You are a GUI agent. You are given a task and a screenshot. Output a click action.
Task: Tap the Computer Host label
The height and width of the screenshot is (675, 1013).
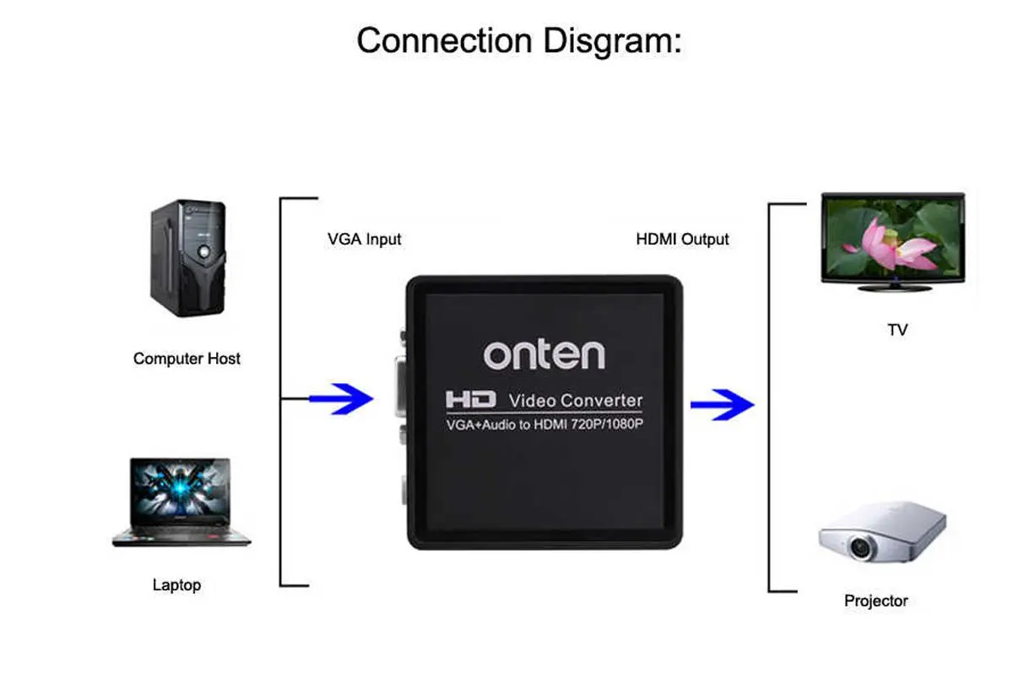[187, 359]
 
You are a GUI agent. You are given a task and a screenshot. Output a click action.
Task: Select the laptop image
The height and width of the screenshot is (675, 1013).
[181, 502]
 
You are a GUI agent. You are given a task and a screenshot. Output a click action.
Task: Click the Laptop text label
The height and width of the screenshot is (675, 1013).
[176, 585]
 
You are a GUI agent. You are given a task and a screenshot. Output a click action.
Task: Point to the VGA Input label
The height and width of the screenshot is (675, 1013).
[364, 240]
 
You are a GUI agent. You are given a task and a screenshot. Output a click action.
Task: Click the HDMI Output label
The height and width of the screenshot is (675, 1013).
[682, 240]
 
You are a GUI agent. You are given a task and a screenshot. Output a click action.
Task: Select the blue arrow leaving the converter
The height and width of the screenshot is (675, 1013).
[722, 405]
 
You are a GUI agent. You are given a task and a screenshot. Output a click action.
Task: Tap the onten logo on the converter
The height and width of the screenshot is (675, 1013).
[544, 353]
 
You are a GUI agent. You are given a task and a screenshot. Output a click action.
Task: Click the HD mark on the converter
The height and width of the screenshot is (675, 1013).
[470, 399]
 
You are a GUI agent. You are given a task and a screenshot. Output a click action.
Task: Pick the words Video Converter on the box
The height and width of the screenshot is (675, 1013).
[576, 400]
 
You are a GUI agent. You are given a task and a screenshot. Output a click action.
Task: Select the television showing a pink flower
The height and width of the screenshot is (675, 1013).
[892, 241]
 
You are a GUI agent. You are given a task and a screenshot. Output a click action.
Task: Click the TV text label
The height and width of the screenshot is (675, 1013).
[897, 330]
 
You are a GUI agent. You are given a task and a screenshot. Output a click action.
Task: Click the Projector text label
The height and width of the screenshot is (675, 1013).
[876, 602]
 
